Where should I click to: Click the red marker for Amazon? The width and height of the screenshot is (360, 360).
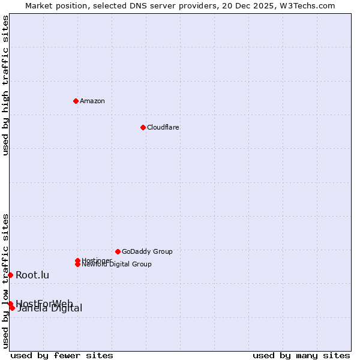click(x=76, y=101)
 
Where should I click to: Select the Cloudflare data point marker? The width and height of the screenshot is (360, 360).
click(x=143, y=127)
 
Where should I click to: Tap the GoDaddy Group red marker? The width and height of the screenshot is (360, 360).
click(x=118, y=251)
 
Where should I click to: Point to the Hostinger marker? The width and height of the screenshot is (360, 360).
click(x=77, y=260)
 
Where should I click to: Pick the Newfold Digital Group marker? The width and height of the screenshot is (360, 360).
click(x=77, y=264)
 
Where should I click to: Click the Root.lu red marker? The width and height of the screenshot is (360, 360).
click(x=10, y=275)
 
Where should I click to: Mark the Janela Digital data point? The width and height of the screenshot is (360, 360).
click(x=12, y=308)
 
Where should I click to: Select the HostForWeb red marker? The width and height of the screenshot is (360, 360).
click(x=10, y=304)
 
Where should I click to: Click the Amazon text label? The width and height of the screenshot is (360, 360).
click(x=92, y=101)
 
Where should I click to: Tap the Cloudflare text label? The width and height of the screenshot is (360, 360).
click(x=163, y=127)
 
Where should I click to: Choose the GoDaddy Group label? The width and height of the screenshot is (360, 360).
click(x=147, y=251)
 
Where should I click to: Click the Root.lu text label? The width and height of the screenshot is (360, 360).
click(x=32, y=275)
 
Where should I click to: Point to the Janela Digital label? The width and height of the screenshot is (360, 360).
click(x=50, y=309)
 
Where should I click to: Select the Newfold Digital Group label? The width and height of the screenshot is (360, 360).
click(x=116, y=265)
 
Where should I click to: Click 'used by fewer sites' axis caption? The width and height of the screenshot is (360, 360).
click(x=62, y=355)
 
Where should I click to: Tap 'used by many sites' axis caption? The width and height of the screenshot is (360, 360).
click(x=301, y=355)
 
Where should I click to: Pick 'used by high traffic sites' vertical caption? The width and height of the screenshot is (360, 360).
click(x=6, y=85)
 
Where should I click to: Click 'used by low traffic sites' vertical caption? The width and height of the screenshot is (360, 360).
click(x=6, y=280)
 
